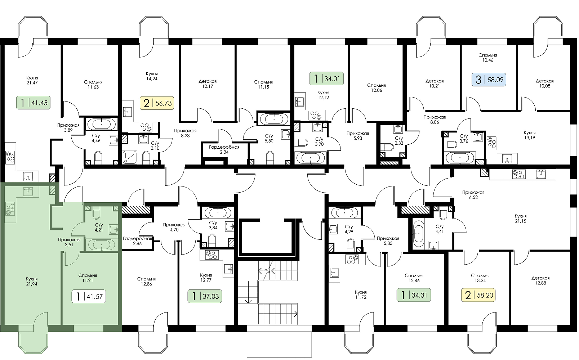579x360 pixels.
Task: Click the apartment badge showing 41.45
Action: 34,103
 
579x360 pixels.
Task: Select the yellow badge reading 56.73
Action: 157,103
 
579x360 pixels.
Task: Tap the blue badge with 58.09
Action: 489,80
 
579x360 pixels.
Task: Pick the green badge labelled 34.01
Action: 326,78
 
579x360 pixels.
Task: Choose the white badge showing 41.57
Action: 89,296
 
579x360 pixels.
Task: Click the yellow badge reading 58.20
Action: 478,295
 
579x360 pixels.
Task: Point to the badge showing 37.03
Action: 204,296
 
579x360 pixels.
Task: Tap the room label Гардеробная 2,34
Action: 224,149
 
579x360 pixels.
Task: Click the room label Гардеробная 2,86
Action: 137,241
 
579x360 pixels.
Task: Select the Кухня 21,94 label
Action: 32,282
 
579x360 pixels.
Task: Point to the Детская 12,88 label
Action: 540,280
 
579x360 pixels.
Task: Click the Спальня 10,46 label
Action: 487,58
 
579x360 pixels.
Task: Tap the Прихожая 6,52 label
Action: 473,195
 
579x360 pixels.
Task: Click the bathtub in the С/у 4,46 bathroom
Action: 101,125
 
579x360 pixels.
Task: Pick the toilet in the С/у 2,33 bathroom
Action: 389,147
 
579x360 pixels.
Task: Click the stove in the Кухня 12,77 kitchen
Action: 212,255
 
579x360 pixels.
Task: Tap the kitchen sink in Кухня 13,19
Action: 507,158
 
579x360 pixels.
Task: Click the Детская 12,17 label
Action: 208,84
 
